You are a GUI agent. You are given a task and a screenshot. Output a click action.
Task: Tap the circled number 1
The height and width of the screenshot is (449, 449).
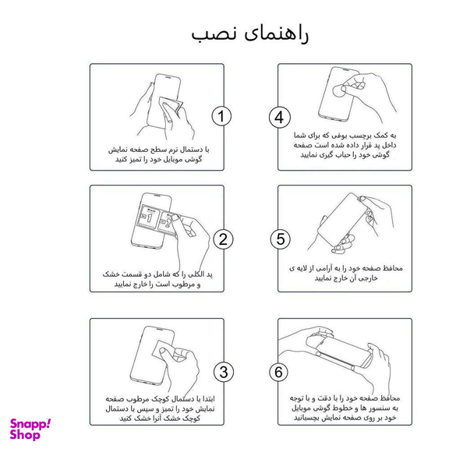tap(222, 117)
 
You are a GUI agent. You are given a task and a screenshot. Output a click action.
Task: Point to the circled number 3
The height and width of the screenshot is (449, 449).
tap(222, 372)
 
